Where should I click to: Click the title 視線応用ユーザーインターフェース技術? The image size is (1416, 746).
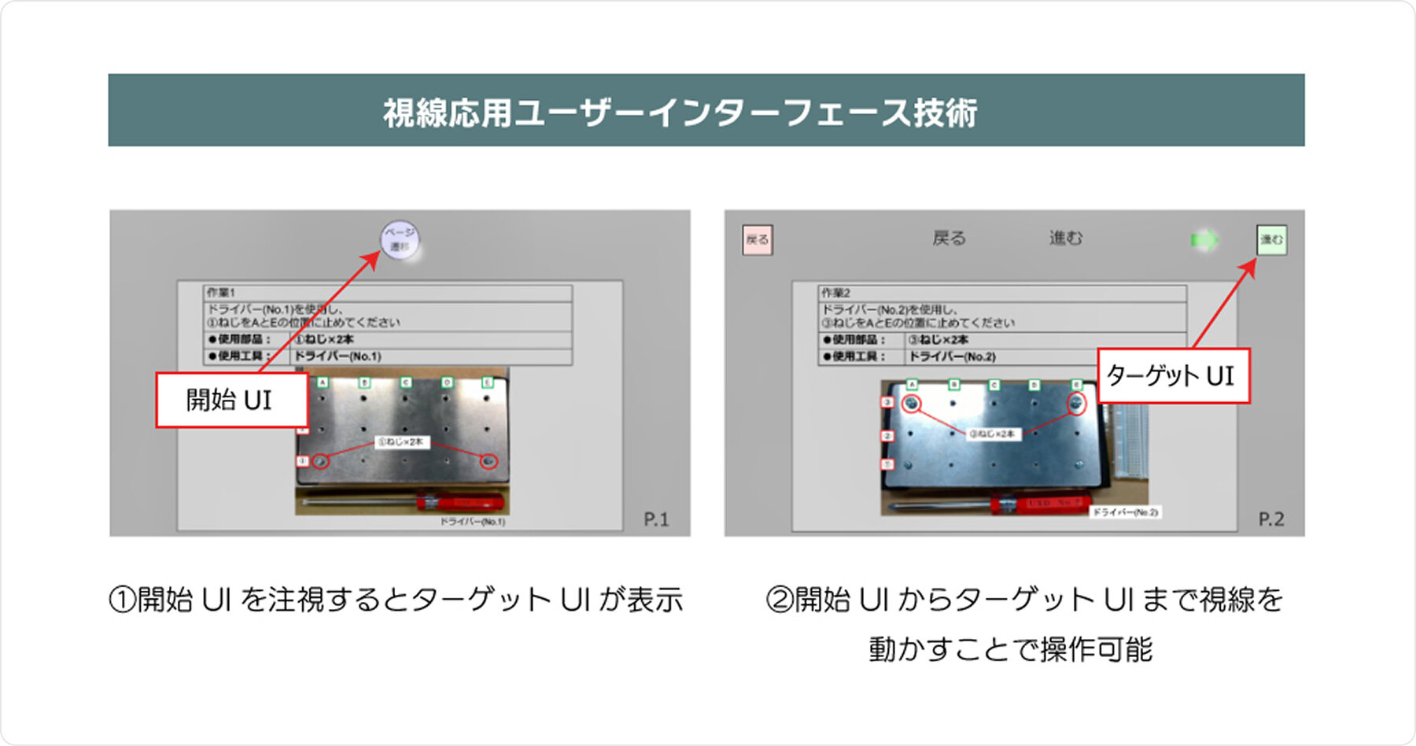pos(680,113)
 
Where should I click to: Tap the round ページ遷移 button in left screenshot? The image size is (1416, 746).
pos(400,239)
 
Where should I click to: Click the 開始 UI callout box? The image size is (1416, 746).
pos(230,400)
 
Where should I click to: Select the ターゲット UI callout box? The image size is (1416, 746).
pos(1172,376)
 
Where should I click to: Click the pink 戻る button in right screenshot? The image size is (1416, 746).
pos(758,240)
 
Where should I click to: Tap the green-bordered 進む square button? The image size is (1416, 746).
pos(1271,240)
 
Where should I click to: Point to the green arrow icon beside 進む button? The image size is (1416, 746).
pos(1204,240)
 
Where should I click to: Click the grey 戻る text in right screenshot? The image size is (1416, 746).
pos(949,238)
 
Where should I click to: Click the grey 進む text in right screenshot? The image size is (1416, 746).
pos(1065,238)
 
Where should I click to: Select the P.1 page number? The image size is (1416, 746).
pos(656,519)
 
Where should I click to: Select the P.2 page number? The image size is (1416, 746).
pos(1270,519)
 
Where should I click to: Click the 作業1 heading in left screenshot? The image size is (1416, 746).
pos(221,293)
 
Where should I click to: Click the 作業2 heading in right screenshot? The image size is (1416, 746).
pos(835,293)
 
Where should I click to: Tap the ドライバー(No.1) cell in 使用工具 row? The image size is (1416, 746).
pos(338,356)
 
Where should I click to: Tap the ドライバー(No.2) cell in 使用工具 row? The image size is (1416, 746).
pos(953,356)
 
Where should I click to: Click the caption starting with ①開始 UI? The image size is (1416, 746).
pos(396,600)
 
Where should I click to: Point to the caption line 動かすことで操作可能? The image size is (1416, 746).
pos(1011,650)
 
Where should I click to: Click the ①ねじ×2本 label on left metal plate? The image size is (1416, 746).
pos(400,442)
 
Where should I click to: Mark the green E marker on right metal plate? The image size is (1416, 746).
pos(1076,385)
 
